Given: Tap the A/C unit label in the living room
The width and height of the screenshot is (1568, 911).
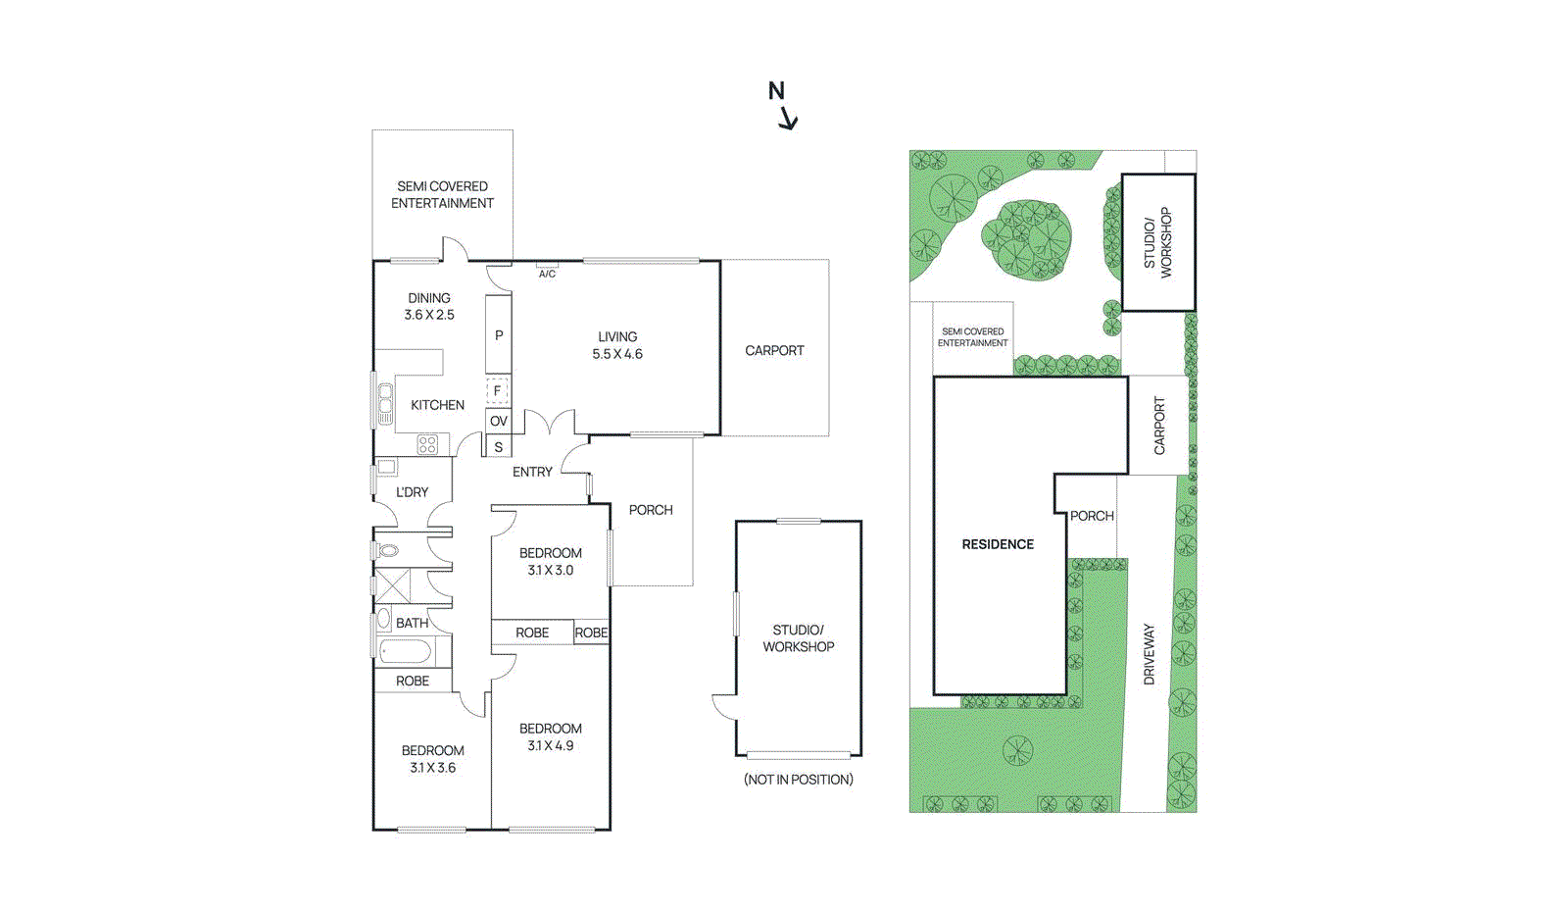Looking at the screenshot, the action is pyautogui.click(x=548, y=274).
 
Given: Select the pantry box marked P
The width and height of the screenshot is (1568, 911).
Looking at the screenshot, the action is pyautogui.click(x=499, y=334).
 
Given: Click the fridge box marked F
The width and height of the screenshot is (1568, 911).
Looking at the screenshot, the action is pyautogui.click(x=498, y=390).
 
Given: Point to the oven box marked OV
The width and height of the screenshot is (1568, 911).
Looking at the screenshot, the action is pyautogui.click(x=499, y=421).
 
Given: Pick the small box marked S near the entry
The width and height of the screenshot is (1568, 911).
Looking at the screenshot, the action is pyautogui.click(x=499, y=446).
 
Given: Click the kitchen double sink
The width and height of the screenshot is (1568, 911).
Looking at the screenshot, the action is pyautogui.click(x=385, y=404).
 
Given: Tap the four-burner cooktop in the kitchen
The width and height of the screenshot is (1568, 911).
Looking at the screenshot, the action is pyautogui.click(x=427, y=444).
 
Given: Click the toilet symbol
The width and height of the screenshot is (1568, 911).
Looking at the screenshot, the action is pyautogui.click(x=387, y=550).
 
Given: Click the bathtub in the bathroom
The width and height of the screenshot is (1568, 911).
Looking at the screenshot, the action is pyautogui.click(x=405, y=652).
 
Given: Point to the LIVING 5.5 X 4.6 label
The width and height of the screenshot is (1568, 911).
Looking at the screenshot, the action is pyautogui.click(x=617, y=345).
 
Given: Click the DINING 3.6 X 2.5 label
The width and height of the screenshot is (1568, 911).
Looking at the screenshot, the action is pyautogui.click(x=429, y=306).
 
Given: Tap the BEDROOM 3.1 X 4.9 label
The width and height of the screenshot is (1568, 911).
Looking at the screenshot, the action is pyautogui.click(x=550, y=736).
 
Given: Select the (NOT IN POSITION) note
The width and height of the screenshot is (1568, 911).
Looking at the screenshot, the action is pyautogui.click(x=799, y=780).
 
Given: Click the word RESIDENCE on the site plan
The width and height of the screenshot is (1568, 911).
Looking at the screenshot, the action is pyautogui.click(x=998, y=544).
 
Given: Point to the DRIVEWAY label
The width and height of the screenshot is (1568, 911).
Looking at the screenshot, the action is pyautogui.click(x=1149, y=654).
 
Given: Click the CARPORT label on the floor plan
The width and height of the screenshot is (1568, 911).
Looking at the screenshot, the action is pyautogui.click(x=774, y=350).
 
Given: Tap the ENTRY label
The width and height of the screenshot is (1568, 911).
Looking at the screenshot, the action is pyautogui.click(x=532, y=472).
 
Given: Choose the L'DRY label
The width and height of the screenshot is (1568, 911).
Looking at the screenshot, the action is pyautogui.click(x=412, y=492).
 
